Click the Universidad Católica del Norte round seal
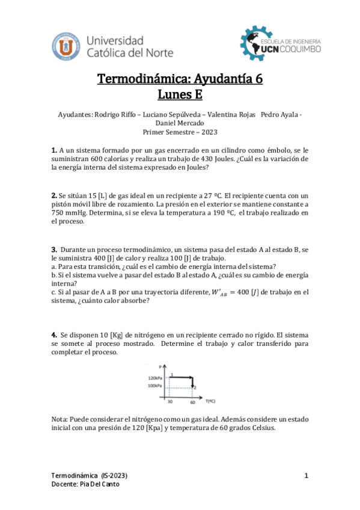pyautogui.click(x=68, y=46)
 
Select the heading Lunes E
pyautogui.click(x=180, y=94)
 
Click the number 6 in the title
pyautogui.click(x=258, y=79)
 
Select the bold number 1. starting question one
pyautogui.click(x=54, y=150)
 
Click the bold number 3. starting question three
pyautogui.click(x=54, y=249)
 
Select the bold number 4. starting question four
pyautogui.click(x=54, y=334)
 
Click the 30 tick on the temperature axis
pyautogui.click(x=170, y=401)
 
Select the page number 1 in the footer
pyautogui.click(x=307, y=476)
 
